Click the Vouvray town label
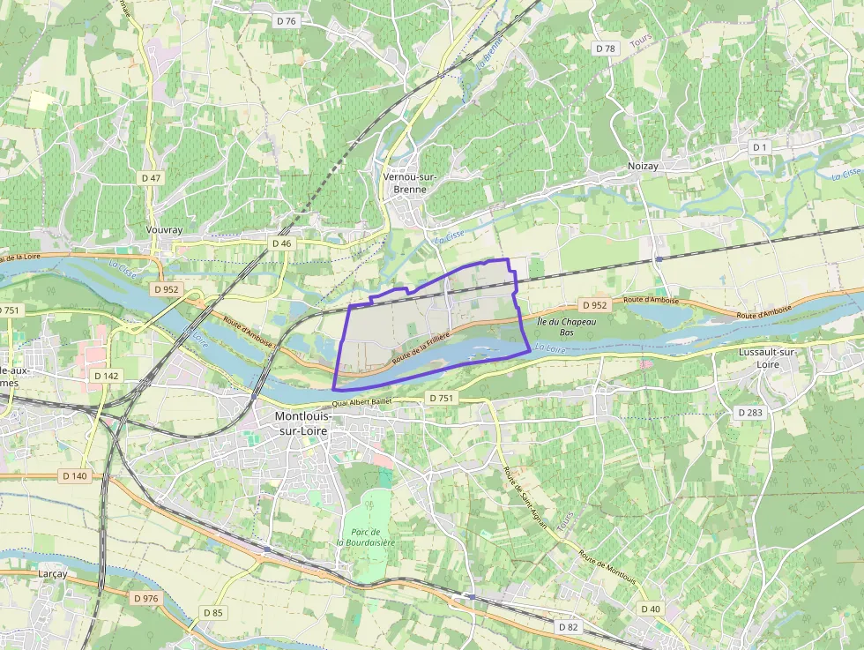tap(163, 229)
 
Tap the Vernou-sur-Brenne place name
tap(411, 183)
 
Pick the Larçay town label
tap(52, 573)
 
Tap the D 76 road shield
tap(286, 20)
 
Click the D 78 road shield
tap(605, 49)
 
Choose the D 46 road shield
tap(281, 243)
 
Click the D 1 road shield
tap(760, 146)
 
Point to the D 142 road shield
tap(106, 376)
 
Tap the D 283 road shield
tap(749, 412)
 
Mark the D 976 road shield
tap(146, 598)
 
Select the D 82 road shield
tap(569, 626)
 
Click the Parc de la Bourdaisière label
tap(365, 537)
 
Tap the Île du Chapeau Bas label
tap(568, 326)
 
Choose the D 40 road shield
tap(650, 609)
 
